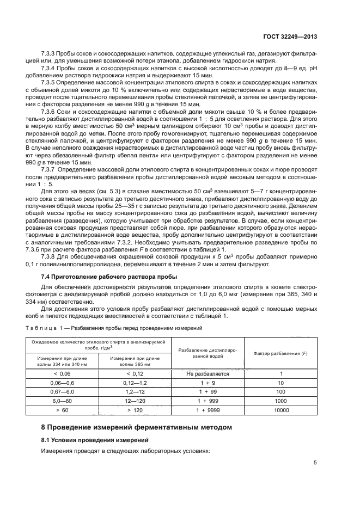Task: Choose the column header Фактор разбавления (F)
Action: pyautogui.click(x=282, y=353)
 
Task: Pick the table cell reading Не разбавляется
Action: pyautogui.click(x=208, y=374)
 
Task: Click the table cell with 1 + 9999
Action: pyautogui.click(x=208, y=410)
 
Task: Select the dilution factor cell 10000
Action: pyautogui.click(x=282, y=410)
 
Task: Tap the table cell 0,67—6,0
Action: pyautogui.click(x=62, y=392)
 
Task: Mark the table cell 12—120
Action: pyautogui.click(x=135, y=401)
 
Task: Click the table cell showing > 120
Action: pyautogui.click(x=135, y=410)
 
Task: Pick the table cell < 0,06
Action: pyautogui.click(x=62, y=374)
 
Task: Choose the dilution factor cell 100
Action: pyautogui.click(x=282, y=392)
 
